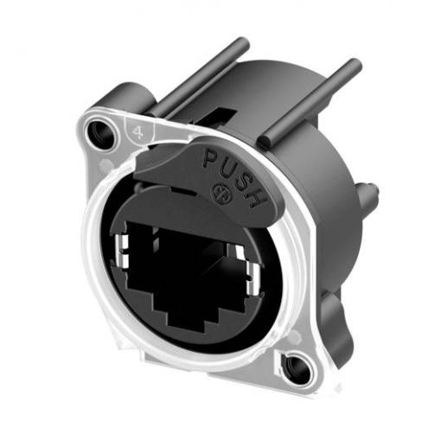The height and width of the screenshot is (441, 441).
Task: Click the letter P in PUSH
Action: click(x=211, y=157)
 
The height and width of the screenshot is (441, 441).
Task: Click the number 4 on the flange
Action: click(x=138, y=132)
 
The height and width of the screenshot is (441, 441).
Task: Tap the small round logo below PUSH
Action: click(x=222, y=195)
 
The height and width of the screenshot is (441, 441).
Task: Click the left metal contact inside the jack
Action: click(x=122, y=251)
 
